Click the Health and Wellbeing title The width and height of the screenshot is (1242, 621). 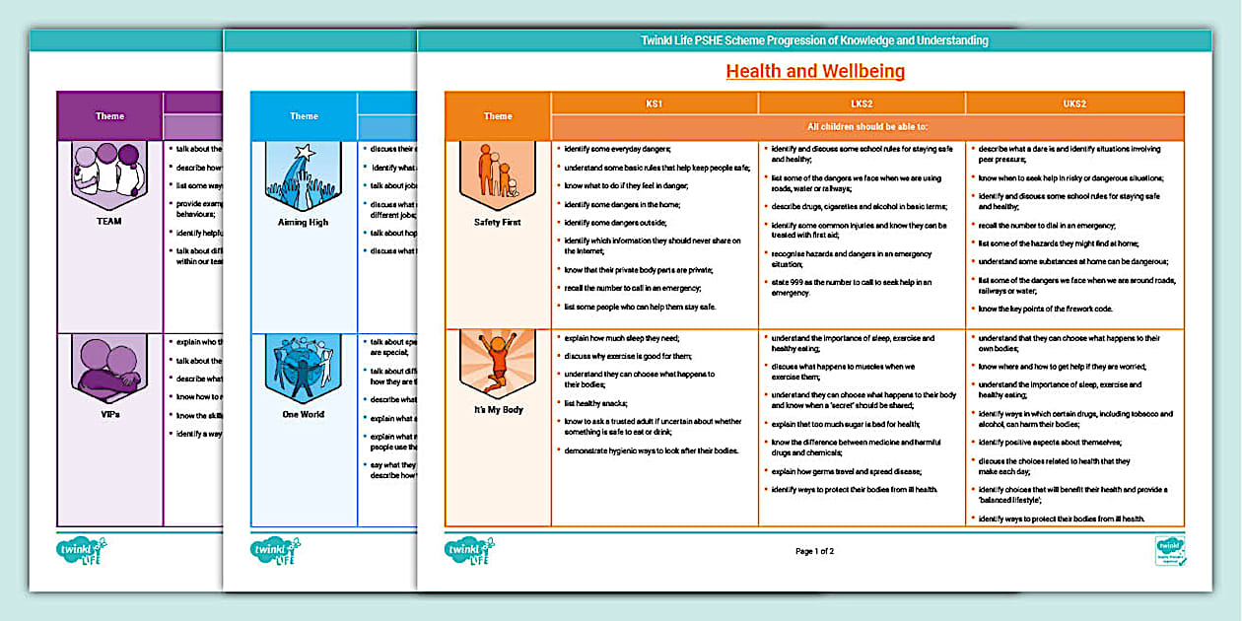pyautogui.click(x=815, y=71)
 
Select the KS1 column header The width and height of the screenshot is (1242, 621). pyautogui.click(x=655, y=103)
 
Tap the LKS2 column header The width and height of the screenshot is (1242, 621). pyautogui.click(x=862, y=103)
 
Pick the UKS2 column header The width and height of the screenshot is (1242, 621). pyautogui.click(x=1073, y=103)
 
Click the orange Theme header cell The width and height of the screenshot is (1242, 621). pyautogui.click(x=498, y=116)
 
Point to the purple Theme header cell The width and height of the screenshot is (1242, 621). pyautogui.click(x=109, y=116)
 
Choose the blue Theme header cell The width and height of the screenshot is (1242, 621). pyautogui.click(x=304, y=116)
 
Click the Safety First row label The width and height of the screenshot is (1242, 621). pyautogui.click(x=498, y=223)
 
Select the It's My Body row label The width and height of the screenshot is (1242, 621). pyautogui.click(x=498, y=410)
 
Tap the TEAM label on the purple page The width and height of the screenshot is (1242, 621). pyautogui.click(x=109, y=222)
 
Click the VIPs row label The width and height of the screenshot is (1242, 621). pyautogui.click(x=109, y=415)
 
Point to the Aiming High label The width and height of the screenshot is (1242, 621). pyautogui.click(x=304, y=223)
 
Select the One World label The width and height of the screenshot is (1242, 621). pyautogui.click(x=304, y=415)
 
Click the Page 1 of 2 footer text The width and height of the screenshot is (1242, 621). pyautogui.click(x=814, y=551)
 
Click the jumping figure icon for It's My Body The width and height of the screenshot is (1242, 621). pyautogui.click(x=498, y=366)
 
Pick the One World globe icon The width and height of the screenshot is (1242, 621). pyautogui.click(x=304, y=368)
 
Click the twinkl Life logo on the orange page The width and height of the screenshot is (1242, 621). pyautogui.click(x=469, y=551)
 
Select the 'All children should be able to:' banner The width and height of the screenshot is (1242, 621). pyautogui.click(x=867, y=126)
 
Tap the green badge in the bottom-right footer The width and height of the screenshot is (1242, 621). pyautogui.click(x=1170, y=551)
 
